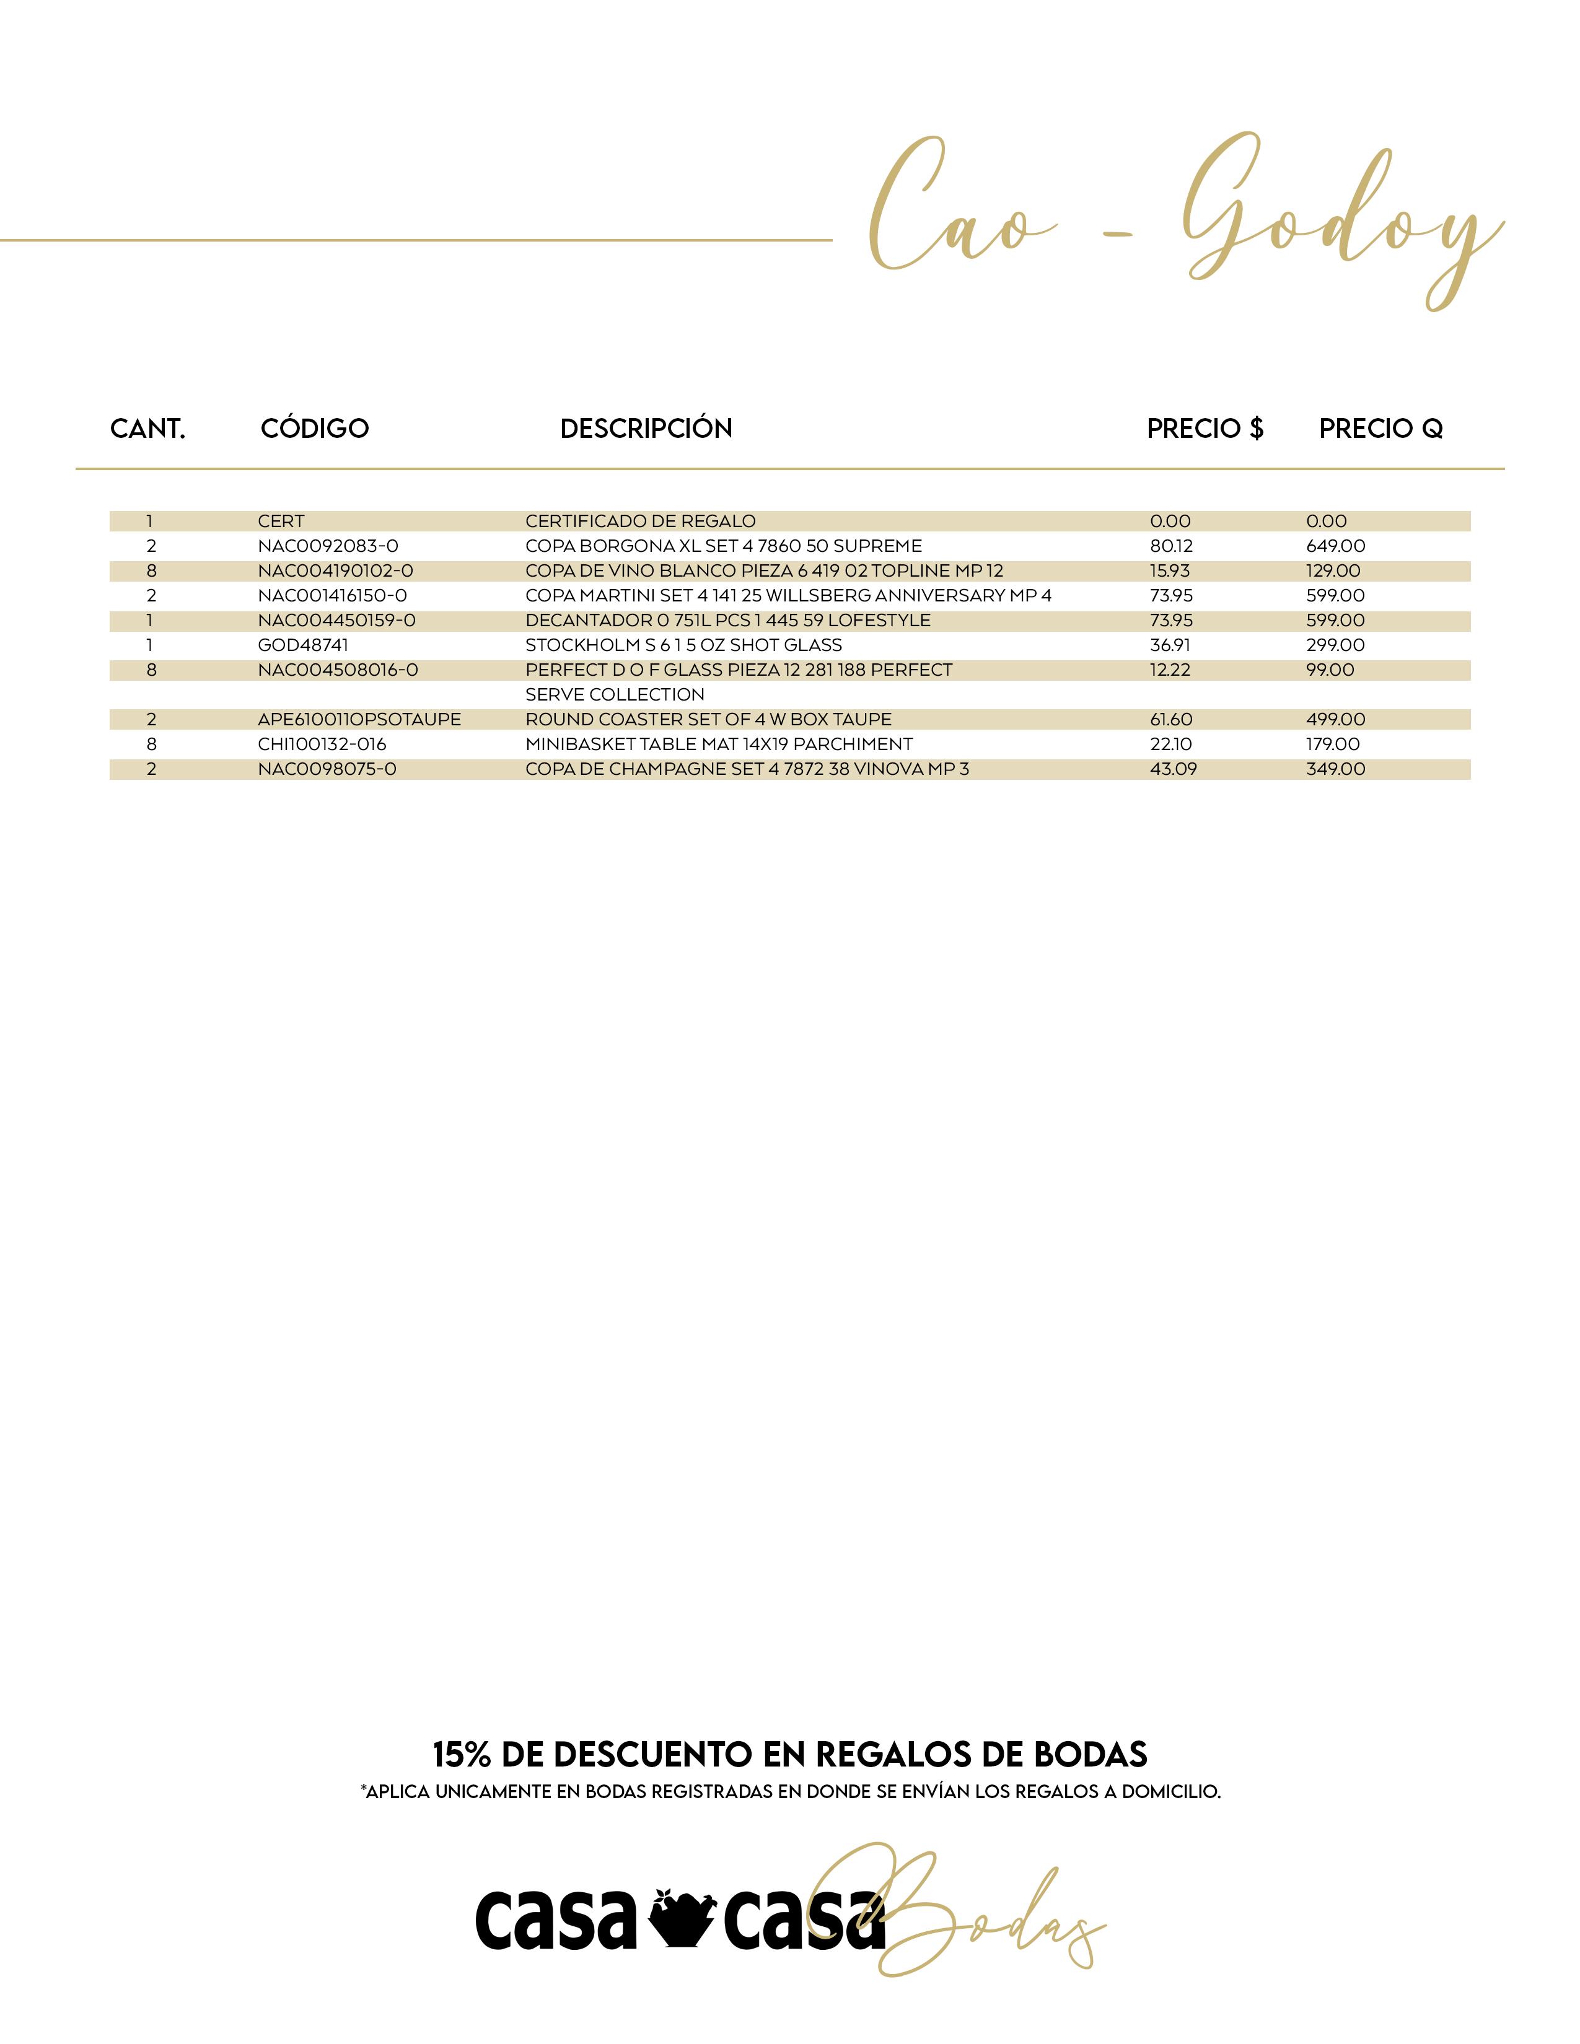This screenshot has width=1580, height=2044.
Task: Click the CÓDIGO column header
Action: (315, 429)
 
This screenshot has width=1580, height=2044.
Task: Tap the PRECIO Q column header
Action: (1380, 429)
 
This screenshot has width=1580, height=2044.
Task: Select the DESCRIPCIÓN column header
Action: (646, 429)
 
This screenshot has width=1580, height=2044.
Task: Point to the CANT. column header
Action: (148, 429)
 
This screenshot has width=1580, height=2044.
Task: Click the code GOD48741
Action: (303, 645)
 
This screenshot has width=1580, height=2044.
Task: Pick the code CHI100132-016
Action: (322, 744)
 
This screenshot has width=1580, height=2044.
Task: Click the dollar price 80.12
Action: (1171, 546)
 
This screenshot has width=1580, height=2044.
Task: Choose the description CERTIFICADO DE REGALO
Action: (640, 522)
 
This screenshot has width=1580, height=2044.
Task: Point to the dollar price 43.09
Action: (1173, 769)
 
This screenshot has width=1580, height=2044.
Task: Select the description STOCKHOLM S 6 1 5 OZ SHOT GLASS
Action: (683, 645)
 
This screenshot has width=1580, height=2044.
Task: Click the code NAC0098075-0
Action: (327, 769)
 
